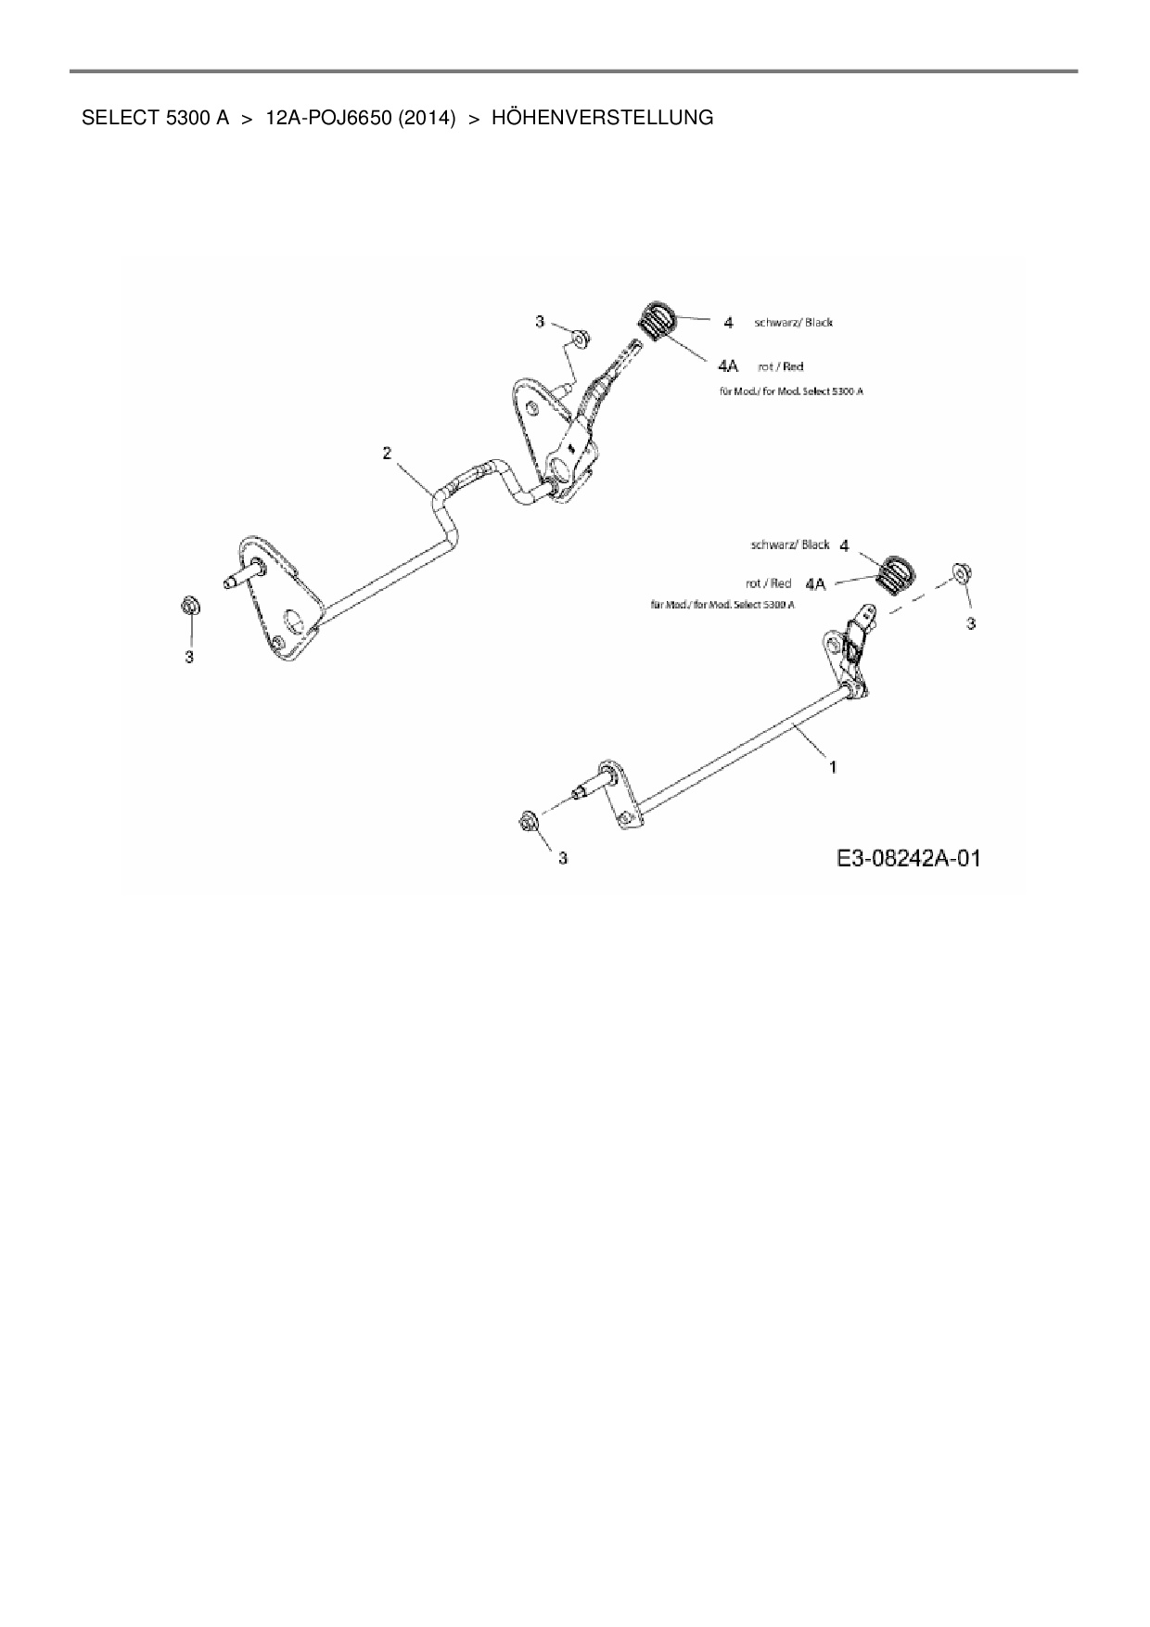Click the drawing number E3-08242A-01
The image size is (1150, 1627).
point(908,858)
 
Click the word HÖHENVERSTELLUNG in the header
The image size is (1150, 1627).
point(602,118)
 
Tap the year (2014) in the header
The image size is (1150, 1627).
point(428,118)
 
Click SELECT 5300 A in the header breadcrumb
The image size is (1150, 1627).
point(155,118)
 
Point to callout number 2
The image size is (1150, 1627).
point(387,453)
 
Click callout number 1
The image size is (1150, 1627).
point(833,767)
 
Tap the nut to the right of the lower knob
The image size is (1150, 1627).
point(961,573)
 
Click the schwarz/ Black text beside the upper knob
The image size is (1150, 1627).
point(793,323)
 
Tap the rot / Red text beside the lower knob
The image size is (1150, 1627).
point(769,583)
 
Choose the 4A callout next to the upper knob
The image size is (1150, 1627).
point(728,366)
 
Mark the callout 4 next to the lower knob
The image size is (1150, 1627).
point(844,545)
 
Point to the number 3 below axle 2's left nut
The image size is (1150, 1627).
point(189,657)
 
